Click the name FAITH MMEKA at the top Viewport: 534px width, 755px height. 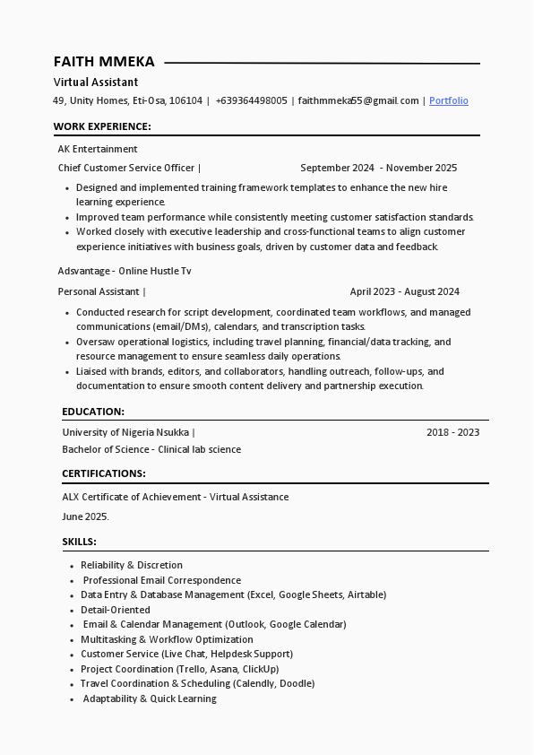pyautogui.click(x=104, y=62)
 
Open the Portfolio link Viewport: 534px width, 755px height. pyautogui.click(x=448, y=100)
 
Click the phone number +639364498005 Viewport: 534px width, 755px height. pyautogui.click(x=251, y=100)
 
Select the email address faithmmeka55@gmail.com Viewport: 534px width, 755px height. pyautogui.click(x=358, y=100)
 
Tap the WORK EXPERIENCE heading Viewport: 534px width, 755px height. pyautogui.click(x=102, y=126)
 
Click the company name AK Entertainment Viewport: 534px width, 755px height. pyautogui.click(x=98, y=149)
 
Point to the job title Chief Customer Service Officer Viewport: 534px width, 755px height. pyautogui.click(x=126, y=168)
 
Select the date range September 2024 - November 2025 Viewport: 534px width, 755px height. pyautogui.click(x=378, y=168)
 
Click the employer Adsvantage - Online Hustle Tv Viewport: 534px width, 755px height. pyautogui.click(x=125, y=271)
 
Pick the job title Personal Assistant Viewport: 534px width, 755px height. pyautogui.click(x=99, y=291)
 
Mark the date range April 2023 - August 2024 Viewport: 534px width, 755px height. pyautogui.click(x=404, y=291)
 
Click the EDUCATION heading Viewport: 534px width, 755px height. pyautogui.click(x=93, y=412)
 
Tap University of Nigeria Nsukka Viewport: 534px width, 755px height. pyautogui.click(x=125, y=432)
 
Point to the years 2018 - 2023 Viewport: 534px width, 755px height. pyautogui.click(x=452, y=432)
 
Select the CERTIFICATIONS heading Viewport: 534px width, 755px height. pyautogui.click(x=104, y=473)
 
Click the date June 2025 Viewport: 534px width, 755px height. pyautogui.click(x=85, y=516)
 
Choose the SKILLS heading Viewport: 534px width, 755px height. pyautogui.click(x=79, y=542)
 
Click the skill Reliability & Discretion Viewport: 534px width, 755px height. pyautogui.click(x=132, y=565)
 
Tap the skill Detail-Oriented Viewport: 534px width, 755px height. pyautogui.click(x=116, y=610)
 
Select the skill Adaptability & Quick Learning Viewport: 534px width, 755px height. pyautogui.click(x=150, y=699)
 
